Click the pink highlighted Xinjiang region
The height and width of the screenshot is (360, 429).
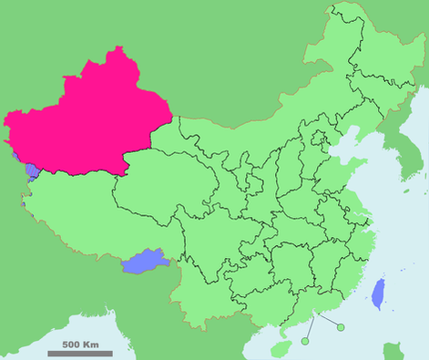pos(82,118)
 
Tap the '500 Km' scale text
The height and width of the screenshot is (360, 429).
pos(80,345)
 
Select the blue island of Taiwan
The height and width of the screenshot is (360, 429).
pos(377,294)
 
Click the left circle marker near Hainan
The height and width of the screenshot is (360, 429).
pos(306,341)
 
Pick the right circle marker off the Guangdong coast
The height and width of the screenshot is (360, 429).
pos(341,327)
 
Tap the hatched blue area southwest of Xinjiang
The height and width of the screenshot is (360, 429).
pos(32,170)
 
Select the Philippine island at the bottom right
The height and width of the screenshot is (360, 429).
pos(394,351)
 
